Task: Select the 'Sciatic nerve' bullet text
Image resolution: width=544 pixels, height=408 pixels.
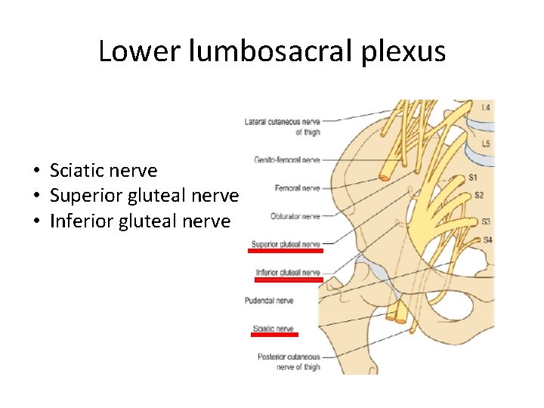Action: (x=103, y=171)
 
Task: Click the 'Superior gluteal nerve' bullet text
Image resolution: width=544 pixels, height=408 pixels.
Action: (x=144, y=196)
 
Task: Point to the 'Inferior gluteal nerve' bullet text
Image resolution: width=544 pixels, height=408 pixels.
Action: (x=140, y=221)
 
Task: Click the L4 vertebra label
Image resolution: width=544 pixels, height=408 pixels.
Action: (x=486, y=108)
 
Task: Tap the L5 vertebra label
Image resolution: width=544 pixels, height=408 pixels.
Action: (x=486, y=144)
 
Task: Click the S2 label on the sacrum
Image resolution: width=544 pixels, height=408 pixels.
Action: (x=479, y=196)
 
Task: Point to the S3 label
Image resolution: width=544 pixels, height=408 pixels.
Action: (x=487, y=222)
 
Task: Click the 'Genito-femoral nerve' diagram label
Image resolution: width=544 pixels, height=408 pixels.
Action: (x=287, y=160)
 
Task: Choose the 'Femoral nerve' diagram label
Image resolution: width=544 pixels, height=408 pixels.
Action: (x=298, y=188)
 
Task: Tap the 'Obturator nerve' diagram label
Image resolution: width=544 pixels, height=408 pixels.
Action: (x=295, y=216)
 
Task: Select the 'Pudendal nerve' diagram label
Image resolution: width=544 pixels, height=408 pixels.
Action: (x=269, y=301)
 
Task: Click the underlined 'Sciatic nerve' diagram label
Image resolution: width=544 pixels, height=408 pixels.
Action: (x=274, y=329)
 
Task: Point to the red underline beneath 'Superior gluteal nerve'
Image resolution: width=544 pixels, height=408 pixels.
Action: (x=286, y=251)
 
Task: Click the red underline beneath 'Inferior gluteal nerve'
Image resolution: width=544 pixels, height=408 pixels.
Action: (x=289, y=279)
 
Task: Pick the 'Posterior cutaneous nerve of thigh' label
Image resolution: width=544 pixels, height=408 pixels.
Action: (x=289, y=362)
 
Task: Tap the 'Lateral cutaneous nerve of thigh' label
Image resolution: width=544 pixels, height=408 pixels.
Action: (x=283, y=127)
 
